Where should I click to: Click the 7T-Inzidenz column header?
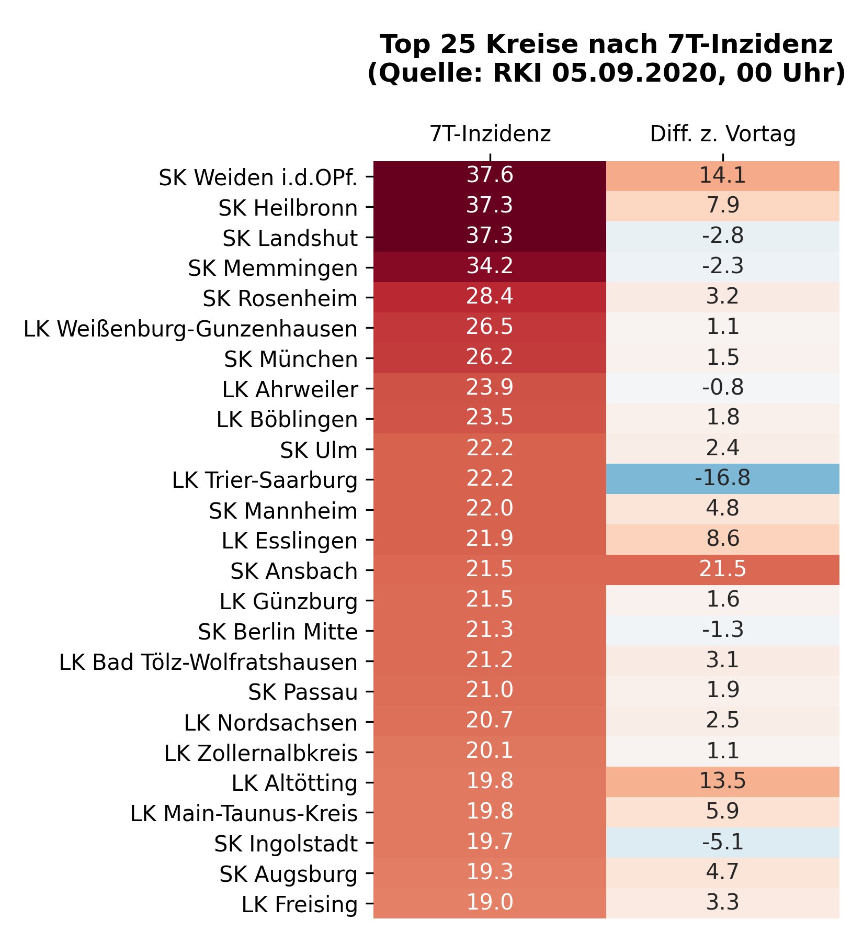pyautogui.click(x=490, y=134)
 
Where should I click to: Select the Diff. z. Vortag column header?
pyautogui.click(x=722, y=134)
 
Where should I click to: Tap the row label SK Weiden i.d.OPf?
pyautogui.click(x=258, y=178)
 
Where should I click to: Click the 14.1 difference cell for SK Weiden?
pyautogui.click(x=722, y=176)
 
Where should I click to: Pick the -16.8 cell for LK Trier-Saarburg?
pyautogui.click(x=722, y=478)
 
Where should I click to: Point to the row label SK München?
pyautogui.click(x=291, y=360)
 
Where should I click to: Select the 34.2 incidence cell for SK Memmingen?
pyautogui.click(x=490, y=266)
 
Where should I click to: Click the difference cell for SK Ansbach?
pyautogui.click(x=722, y=569)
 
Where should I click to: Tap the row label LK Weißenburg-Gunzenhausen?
pyautogui.click(x=191, y=329)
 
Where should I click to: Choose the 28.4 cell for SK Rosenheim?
pyautogui.click(x=490, y=297)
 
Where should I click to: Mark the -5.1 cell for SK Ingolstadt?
pyautogui.click(x=722, y=842)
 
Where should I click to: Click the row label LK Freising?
pyautogui.click(x=299, y=905)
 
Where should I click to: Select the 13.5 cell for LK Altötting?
pyautogui.click(x=722, y=781)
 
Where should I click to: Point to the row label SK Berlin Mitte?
pyautogui.click(x=278, y=632)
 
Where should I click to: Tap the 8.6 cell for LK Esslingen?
pyautogui.click(x=722, y=539)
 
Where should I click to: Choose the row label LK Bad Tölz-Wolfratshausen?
pyautogui.click(x=208, y=663)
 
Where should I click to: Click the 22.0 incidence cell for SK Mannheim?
pyautogui.click(x=490, y=509)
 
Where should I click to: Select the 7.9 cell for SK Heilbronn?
pyautogui.click(x=722, y=206)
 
